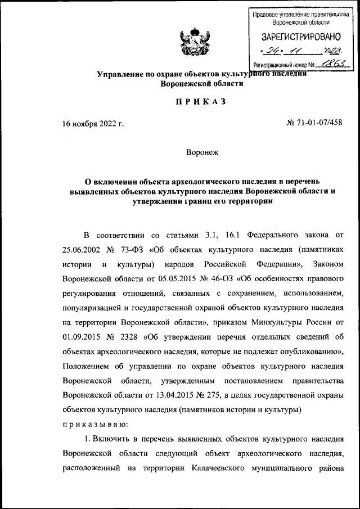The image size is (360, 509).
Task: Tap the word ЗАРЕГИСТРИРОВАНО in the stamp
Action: [x=301, y=37]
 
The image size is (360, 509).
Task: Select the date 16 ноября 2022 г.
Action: [x=93, y=123]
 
